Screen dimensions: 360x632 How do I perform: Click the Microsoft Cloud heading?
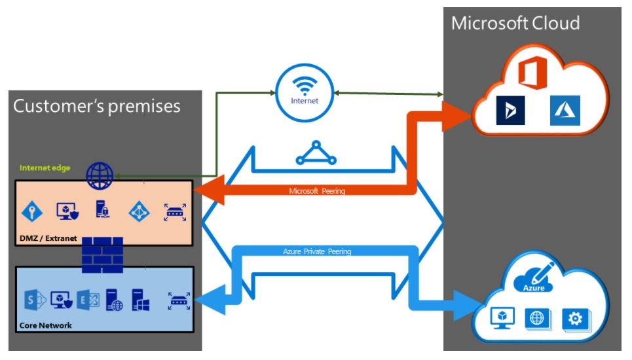click(x=515, y=23)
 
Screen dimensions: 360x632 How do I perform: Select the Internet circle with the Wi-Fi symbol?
click(x=305, y=91)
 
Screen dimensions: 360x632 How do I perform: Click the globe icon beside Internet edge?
click(x=100, y=175)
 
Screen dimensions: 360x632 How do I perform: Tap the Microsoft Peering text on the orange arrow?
click(x=317, y=191)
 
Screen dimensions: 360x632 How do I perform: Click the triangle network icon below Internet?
click(x=317, y=153)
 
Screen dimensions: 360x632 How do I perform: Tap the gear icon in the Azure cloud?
click(x=575, y=319)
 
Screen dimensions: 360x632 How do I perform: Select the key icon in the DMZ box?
click(x=33, y=211)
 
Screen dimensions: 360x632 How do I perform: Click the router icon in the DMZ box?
click(x=175, y=211)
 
